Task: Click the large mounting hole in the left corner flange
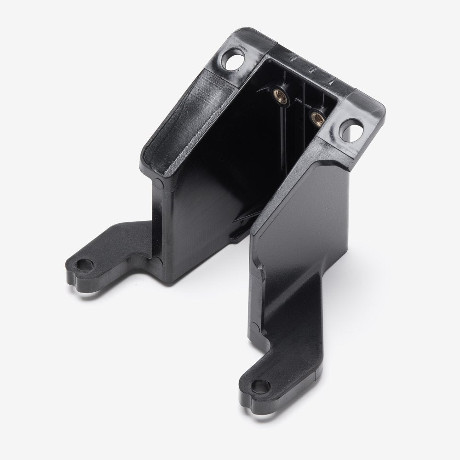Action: tap(233, 61)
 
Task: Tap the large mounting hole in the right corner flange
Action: tap(353, 126)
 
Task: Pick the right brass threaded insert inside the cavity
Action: tap(316, 117)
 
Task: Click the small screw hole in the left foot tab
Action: tap(85, 265)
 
